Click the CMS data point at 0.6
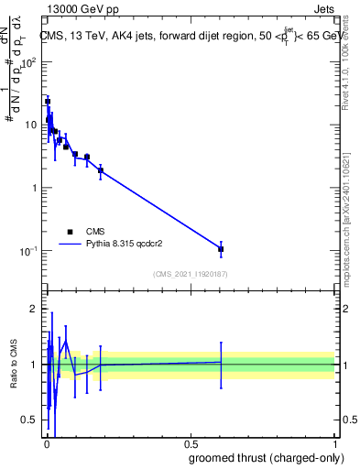click(x=221, y=249)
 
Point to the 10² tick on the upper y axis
click(x=29, y=62)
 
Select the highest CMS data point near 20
click(x=48, y=102)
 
